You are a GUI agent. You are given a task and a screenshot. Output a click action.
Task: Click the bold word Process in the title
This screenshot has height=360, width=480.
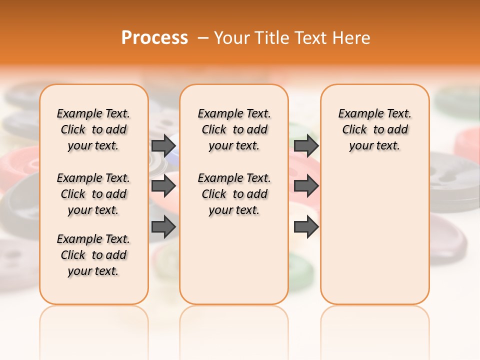pyautogui.click(x=154, y=38)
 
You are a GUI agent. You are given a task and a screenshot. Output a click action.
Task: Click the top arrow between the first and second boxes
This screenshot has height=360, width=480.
pyautogui.click(x=163, y=145)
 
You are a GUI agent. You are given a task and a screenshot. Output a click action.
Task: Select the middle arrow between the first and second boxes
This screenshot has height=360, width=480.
pyautogui.click(x=163, y=186)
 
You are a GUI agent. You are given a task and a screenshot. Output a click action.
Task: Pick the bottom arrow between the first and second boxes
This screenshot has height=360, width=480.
pyautogui.click(x=163, y=227)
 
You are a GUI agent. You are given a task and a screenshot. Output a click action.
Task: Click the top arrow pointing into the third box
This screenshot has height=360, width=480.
pyautogui.click(x=306, y=145)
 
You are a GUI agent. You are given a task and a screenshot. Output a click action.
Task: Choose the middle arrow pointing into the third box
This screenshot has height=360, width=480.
pyautogui.click(x=306, y=186)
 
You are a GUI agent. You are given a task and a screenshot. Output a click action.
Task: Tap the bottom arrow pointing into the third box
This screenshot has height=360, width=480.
pyautogui.click(x=306, y=227)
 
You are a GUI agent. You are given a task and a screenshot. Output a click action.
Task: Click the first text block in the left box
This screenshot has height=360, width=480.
pyautogui.click(x=93, y=129)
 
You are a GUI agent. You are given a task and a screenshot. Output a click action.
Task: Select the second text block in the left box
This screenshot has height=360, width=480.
pyautogui.click(x=93, y=194)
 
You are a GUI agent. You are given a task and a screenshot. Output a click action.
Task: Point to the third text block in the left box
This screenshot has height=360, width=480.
pyautogui.click(x=93, y=255)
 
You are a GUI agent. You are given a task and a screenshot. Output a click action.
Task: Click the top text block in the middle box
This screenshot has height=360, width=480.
pyautogui.click(x=234, y=129)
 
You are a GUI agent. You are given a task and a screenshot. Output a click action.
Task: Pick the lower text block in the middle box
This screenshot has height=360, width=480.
pyautogui.click(x=234, y=194)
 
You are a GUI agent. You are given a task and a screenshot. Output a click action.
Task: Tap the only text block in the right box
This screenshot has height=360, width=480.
pyautogui.click(x=374, y=129)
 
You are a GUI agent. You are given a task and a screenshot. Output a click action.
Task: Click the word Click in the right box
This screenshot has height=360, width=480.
pyautogui.click(x=354, y=130)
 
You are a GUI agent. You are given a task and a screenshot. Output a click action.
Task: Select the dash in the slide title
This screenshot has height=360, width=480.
pyautogui.click(x=202, y=38)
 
